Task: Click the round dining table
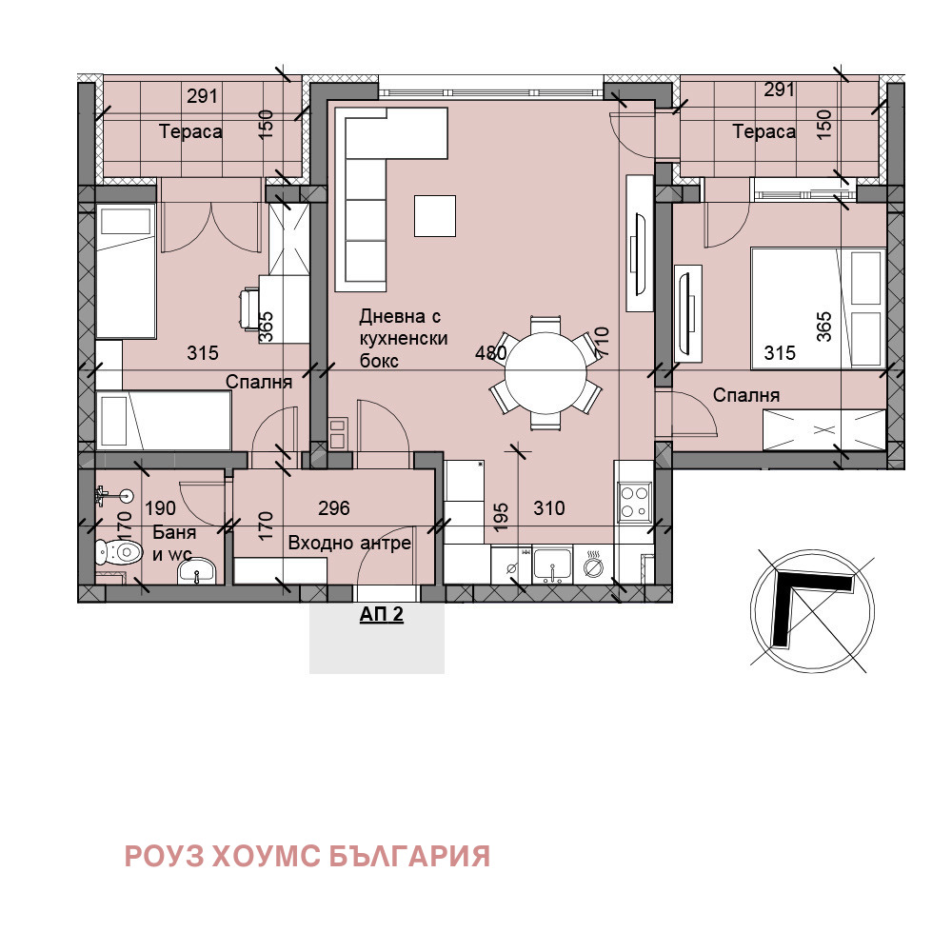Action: [546, 372]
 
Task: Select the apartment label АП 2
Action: [381, 615]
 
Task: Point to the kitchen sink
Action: [552, 565]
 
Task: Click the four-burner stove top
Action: [633, 503]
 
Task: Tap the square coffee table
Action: [435, 214]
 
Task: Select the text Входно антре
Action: [349, 543]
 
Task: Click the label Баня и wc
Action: [173, 544]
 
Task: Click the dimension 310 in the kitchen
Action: [548, 508]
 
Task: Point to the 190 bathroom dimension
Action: [159, 508]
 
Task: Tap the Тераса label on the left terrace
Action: [190, 132]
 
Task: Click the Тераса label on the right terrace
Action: [764, 132]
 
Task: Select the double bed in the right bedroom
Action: [818, 307]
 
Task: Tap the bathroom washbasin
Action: [200, 571]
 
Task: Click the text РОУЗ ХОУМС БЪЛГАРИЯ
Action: [307, 856]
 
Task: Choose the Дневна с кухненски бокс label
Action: [403, 338]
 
